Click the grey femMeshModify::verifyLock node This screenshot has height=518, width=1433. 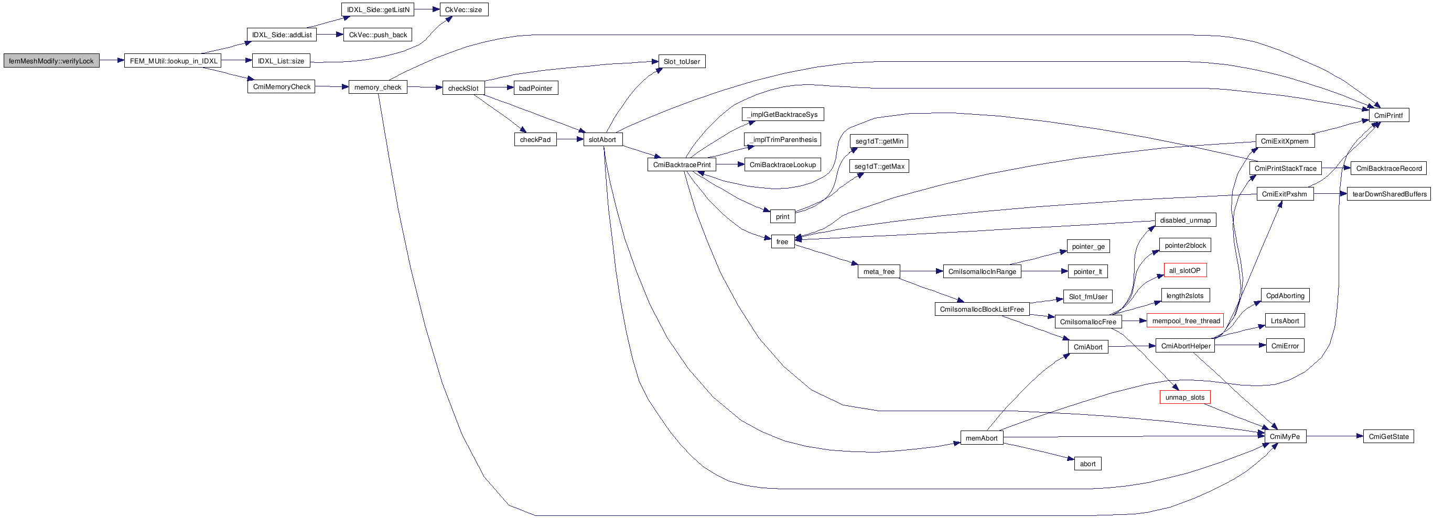(x=51, y=61)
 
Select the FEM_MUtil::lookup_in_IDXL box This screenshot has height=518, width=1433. (x=173, y=61)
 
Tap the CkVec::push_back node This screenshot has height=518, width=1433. (x=378, y=35)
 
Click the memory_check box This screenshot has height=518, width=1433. (x=378, y=87)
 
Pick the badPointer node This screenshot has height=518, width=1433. (x=535, y=88)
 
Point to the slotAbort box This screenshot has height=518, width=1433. (x=602, y=139)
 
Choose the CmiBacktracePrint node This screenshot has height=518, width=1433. (x=682, y=164)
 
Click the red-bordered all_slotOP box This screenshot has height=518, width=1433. (x=1185, y=271)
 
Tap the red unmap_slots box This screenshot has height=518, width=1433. (x=1185, y=398)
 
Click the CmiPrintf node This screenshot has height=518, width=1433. (x=1388, y=115)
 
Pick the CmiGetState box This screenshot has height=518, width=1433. (x=1388, y=436)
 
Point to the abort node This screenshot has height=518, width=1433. (x=1087, y=464)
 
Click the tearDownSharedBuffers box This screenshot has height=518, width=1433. (x=1389, y=194)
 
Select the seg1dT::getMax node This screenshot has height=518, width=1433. (x=879, y=166)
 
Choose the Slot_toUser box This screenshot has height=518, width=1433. (x=682, y=61)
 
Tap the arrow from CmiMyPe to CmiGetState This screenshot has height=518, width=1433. (x=1334, y=436)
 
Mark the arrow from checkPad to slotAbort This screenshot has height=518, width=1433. (x=569, y=139)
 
